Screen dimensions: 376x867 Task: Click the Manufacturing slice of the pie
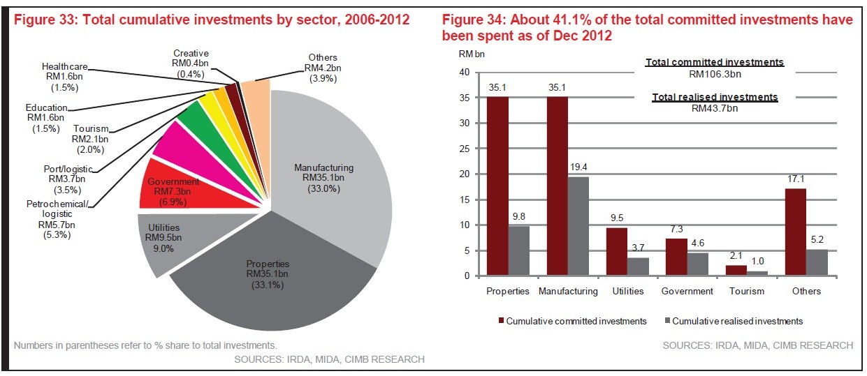click(x=335, y=174)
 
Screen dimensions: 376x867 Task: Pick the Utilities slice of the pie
click(x=168, y=237)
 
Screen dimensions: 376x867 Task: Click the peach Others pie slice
click(x=258, y=94)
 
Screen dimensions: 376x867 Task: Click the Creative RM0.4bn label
click(x=191, y=63)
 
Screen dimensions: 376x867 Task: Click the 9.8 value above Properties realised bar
click(x=518, y=216)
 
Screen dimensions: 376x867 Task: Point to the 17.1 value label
click(x=796, y=179)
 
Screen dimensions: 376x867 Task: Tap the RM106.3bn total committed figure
click(x=715, y=73)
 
